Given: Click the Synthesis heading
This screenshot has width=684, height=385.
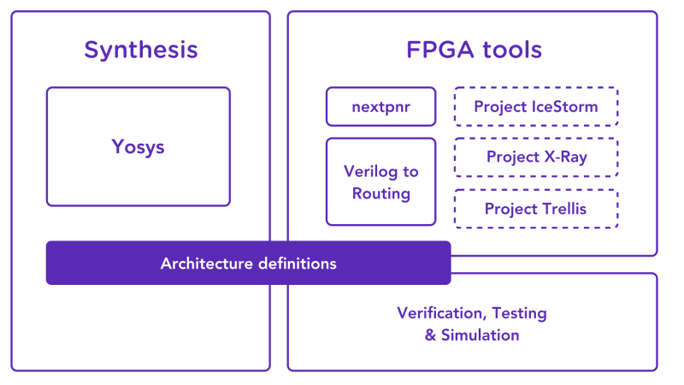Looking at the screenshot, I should click(140, 50).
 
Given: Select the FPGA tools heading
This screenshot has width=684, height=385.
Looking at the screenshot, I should click(474, 50).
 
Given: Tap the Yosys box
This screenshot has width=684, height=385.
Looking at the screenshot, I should click(138, 146).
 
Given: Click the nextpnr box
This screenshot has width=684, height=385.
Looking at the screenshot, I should click(380, 107).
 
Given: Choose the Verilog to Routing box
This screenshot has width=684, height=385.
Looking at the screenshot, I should click(380, 181).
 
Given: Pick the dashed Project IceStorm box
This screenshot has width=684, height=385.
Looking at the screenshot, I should click(535, 107).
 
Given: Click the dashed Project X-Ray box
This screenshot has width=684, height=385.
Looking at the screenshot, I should click(535, 157).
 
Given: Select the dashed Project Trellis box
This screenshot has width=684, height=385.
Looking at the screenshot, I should click(535, 209).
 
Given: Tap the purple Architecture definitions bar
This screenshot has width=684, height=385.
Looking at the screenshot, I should click(248, 263).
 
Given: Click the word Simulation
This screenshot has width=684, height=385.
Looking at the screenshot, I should click(480, 335).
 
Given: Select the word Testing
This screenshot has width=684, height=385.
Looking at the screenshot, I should click(520, 313).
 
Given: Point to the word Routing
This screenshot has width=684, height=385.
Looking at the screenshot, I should click(381, 193).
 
